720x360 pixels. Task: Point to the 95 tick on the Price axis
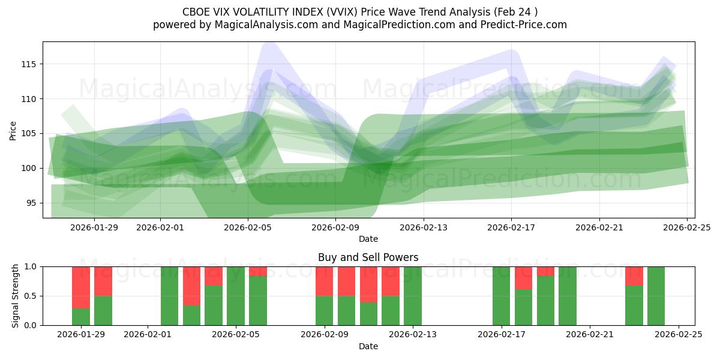coord(31,203)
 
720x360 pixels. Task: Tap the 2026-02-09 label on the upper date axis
coord(335,227)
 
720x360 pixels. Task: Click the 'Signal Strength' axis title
coord(16,296)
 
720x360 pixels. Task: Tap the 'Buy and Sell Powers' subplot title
coord(368,257)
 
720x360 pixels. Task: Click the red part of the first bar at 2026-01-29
coord(81,287)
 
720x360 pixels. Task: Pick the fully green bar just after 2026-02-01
coord(169,296)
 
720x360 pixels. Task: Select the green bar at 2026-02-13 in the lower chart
coord(413,296)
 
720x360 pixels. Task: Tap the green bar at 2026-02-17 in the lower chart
coord(501,296)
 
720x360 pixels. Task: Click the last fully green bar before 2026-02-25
coord(656,296)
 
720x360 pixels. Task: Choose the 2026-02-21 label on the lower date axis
coord(590,335)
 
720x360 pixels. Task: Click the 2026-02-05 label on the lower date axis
coord(236,335)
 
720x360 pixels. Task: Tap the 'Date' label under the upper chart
coord(368,239)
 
